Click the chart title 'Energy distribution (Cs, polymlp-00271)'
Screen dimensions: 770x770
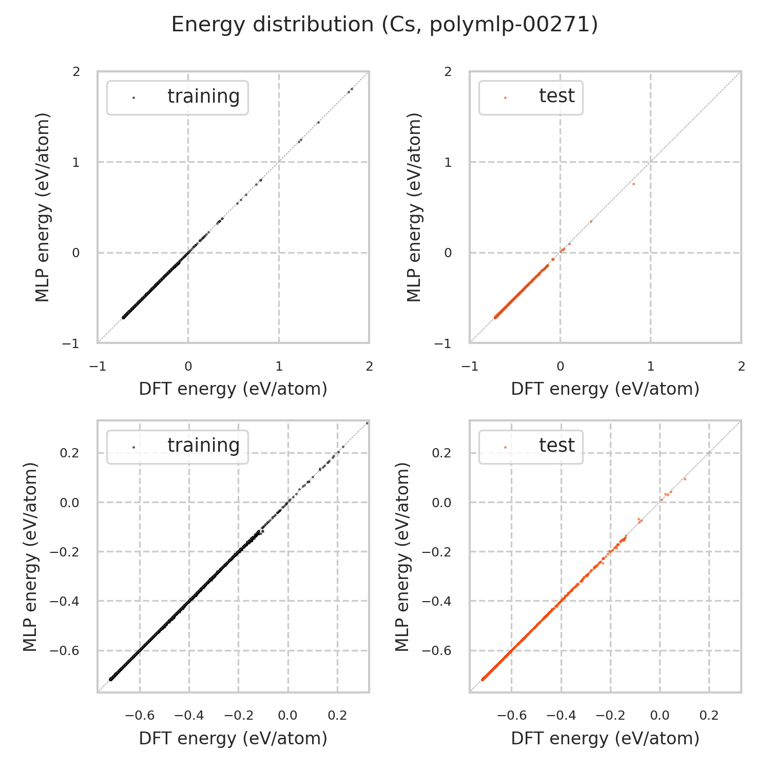[384, 25]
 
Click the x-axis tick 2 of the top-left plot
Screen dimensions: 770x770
[369, 366]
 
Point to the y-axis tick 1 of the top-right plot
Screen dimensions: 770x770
[448, 162]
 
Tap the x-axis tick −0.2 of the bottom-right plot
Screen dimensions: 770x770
[610, 715]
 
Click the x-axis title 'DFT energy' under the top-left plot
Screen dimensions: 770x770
[233, 389]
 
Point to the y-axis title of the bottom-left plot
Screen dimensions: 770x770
[31, 556]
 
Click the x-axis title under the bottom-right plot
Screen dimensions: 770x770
[605, 738]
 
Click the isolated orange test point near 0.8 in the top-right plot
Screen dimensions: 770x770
[633, 184]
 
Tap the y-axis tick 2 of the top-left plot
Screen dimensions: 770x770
[76, 72]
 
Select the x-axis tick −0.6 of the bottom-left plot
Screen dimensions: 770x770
[140, 715]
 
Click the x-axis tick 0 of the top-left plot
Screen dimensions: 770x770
[188, 366]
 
